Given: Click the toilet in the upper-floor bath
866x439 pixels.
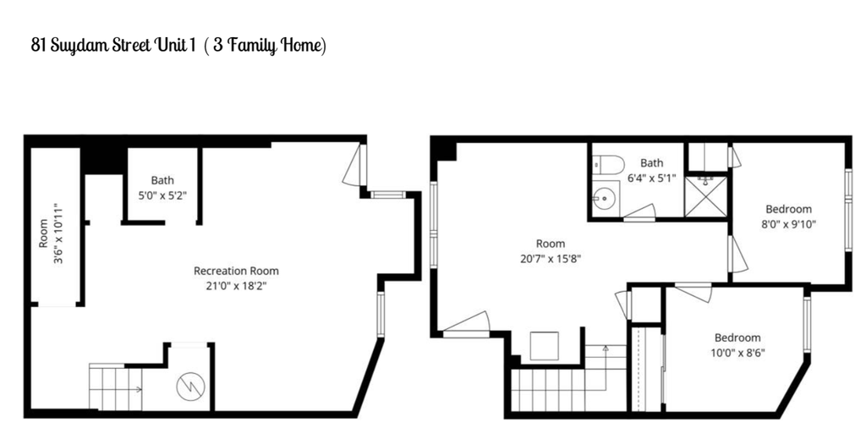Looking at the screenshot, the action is click(608, 164).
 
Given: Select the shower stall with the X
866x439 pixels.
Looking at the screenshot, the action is click(706, 196).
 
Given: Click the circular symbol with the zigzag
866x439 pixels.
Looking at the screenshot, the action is click(190, 386).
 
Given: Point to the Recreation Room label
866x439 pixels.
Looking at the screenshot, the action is click(236, 272).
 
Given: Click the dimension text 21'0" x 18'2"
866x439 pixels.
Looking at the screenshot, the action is click(236, 286).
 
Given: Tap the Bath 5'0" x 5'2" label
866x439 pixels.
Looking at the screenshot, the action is click(162, 187).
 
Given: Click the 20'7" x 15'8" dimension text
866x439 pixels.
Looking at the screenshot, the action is click(550, 258).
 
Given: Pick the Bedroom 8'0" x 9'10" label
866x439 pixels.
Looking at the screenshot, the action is click(788, 216).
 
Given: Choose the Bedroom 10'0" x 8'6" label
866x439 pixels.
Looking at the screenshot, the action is click(737, 344).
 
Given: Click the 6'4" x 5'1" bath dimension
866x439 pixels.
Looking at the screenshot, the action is click(652, 178).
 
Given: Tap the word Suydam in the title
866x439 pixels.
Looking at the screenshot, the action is click(74, 46).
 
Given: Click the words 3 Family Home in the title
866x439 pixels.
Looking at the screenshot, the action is click(266, 46).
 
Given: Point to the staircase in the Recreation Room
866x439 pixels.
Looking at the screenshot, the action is click(115, 387).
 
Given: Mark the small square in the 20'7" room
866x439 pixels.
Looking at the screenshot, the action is click(544, 346).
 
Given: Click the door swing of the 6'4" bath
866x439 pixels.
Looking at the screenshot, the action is click(639, 213).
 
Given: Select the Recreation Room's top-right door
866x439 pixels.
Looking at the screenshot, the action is click(354, 165).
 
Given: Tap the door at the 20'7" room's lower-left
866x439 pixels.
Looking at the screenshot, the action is click(467, 325).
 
